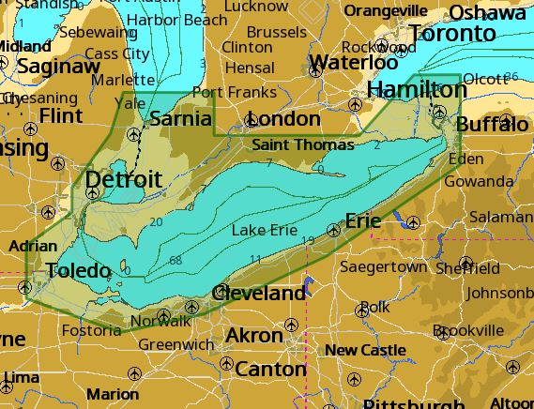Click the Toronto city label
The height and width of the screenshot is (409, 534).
[x=452, y=34]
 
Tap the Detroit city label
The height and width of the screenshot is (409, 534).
[x=123, y=179]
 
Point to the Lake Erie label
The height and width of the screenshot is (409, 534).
[x=264, y=230]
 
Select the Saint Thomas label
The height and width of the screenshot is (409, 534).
[x=303, y=144]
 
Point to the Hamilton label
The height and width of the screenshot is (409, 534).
[x=417, y=89]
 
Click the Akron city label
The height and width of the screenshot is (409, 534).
[x=254, y=335]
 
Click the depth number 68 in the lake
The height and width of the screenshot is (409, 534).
[x=175, y=260]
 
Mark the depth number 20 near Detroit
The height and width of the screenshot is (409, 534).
[x=155, y=222]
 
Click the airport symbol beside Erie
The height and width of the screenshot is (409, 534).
[x=334, y=230]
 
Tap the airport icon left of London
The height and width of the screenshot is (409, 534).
[x=251, y=120]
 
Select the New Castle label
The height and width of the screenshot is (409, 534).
[x=365, y=350]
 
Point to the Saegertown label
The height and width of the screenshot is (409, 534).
[x=382, y=267]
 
